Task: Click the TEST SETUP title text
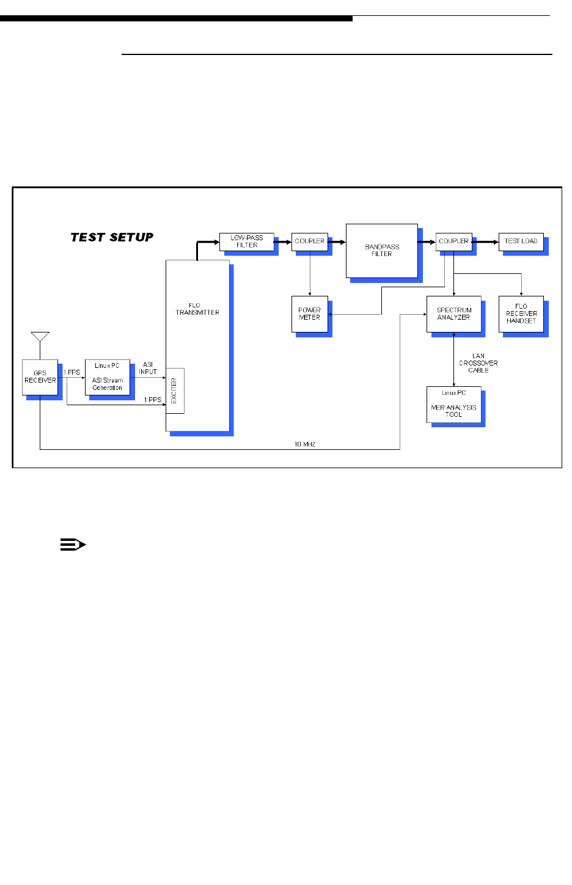point(112,237)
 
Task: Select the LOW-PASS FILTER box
point(246,241)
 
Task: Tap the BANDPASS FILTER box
point(382,251)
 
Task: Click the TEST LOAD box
point(521,241)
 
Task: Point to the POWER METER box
point(310,314)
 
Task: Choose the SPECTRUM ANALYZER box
point(453,314)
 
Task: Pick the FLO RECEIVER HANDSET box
point(521,314)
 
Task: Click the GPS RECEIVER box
point(40,376)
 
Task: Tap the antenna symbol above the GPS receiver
point(40,337)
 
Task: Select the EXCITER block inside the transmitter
point(175,391)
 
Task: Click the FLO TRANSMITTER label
point(197,309)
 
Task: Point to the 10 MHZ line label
point(305,444)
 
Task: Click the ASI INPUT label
point(148,368)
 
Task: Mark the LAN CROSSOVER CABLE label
point(479,363)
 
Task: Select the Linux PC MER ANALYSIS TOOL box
point(453,404)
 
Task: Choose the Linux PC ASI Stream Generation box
point(108,377)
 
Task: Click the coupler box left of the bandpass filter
point(310,241)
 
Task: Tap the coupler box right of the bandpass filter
point(453,241)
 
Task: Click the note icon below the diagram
point(73,545)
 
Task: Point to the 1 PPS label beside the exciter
point(153,400)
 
